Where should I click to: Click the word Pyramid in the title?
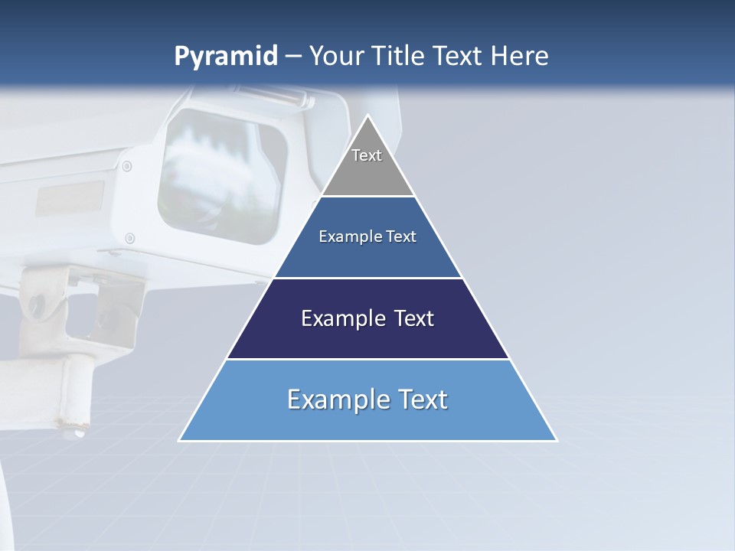click(x=225, y=57)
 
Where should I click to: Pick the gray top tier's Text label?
click(x=367, y=155)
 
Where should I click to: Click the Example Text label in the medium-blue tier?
click(x=367, y=236)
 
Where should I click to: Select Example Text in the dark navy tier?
click(x=367, y=318)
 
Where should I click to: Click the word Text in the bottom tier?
click(x=420, y=399)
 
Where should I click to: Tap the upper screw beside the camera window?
click(x=127, y=166)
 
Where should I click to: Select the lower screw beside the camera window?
click(x=129, y=238)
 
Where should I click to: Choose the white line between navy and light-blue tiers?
click(x=367, y=359)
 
